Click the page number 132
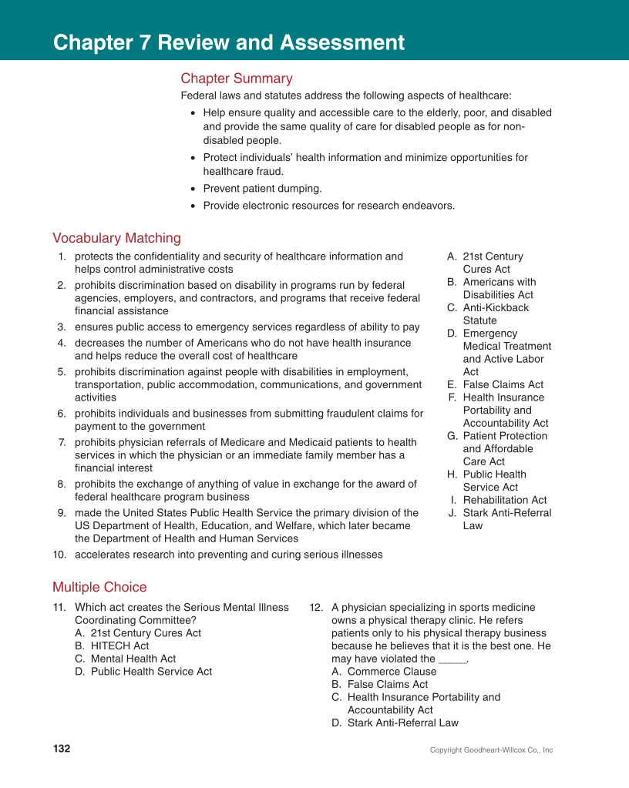(62, 749)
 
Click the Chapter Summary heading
(236, 79)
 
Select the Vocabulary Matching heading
(116, 238)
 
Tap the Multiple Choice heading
(99, 587)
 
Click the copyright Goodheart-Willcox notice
(491, 750)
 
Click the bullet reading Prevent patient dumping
(262, 188)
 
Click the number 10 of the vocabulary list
(59, 555)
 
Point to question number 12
(315, 608)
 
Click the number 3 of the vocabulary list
(61, 327)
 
